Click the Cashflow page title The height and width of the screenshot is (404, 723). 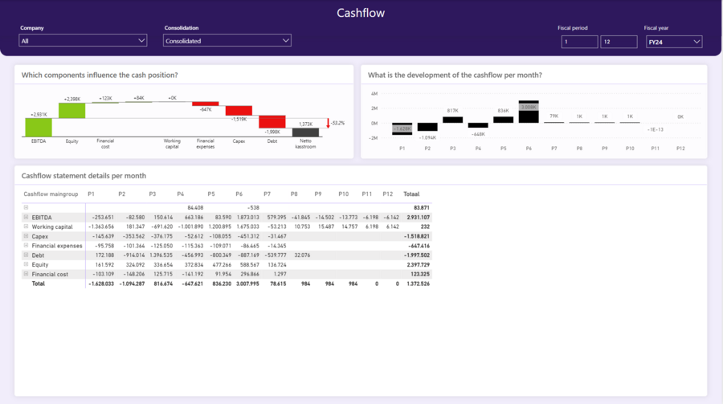(361, 13)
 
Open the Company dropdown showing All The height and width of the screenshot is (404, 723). (84, 41)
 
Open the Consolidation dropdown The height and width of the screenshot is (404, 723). (227, 41)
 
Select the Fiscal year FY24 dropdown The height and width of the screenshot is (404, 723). (674, 42)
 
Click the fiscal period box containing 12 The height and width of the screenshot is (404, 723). (618, 42)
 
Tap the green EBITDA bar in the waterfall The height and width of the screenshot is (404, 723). (38, 126)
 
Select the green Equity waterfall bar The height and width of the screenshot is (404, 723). (72, 110)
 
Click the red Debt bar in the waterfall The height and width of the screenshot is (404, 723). (272, 122)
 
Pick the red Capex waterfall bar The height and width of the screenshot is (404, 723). (239, 111)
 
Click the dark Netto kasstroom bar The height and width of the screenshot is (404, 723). (305, 132)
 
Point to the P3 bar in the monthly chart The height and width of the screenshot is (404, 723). (452, 120)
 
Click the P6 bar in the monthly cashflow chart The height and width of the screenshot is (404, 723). (528, 112)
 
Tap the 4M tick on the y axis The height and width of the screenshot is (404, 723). (374, 94)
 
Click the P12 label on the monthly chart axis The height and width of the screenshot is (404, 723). (680, 148)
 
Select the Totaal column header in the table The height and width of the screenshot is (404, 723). (411, 194)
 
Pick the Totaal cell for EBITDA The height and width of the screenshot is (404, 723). (416, 217)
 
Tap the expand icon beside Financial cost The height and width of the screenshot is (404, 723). (26, 274)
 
